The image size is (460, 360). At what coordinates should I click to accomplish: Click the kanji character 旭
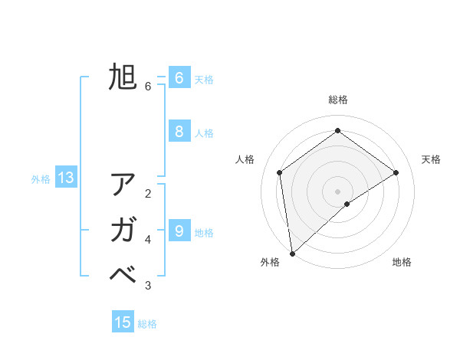click(x=123, y=77)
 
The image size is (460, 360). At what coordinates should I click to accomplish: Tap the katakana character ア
click(x=123, y=185)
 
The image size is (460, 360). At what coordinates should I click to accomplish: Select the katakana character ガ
click(x=123, y=230)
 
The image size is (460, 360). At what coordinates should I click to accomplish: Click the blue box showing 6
click(x=179, y=77)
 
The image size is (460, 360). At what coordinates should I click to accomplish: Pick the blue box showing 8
click(x=179, y=131)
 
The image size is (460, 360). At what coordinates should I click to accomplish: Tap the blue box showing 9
click(x=179, y=230)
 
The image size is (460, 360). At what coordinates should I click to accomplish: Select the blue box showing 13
click(x=66, y=178)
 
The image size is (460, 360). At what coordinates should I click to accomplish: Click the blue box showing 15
click(x=123, y=322)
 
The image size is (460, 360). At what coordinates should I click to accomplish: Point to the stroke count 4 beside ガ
click(x=148, y=240)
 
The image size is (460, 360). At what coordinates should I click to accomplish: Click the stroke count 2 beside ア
click(x=148, y=194)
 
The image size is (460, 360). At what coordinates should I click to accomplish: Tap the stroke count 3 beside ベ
click(x=148, y=286)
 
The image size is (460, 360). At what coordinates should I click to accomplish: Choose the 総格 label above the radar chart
click(x=338, y=100)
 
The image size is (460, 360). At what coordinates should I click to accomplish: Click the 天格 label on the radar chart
click(x=431, y=159)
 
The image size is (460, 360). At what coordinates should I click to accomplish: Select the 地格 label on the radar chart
click(x=402, y=262)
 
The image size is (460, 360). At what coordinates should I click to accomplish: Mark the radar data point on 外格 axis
click(x=292, y=253)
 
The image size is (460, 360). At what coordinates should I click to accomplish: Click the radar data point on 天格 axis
click(x=396, y=172)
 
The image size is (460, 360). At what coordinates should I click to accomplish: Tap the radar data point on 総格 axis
click(x=338, y=130)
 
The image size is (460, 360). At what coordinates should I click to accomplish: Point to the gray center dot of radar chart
click(x=338, y=191)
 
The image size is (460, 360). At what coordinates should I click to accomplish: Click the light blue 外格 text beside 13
click(x=41, y=179)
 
